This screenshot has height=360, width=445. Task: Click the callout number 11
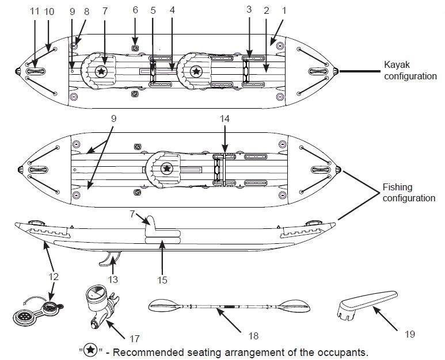click(35, 12)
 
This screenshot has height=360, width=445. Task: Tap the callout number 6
click(135, 10)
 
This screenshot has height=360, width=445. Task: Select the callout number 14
click(225, 119)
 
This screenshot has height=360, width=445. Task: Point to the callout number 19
click(409, 334)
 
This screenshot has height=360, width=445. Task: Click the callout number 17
click(135, 339)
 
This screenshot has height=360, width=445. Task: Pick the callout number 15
click(162, 280)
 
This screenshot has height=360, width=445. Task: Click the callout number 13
click(113, 279)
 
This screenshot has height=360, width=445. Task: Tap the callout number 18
click(253, 336)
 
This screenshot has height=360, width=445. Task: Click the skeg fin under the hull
click(109, 258)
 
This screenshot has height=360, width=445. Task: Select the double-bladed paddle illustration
click(229, 307)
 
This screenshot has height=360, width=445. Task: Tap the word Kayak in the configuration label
click(397, 65)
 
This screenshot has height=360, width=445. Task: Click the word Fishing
click(397, 187)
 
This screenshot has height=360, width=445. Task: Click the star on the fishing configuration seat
click(167, 168)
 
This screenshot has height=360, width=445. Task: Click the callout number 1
click(284, 11)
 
